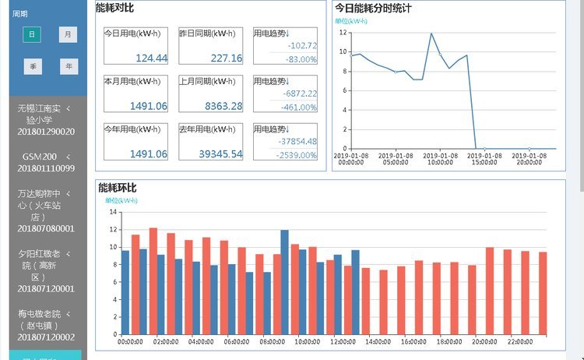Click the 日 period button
pyautogui.click(x=32, y=35)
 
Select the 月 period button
pyautogui.click(x=69, y=35)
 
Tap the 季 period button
pyautogui.click(x=32, y=67)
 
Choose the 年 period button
pyautogui.click(x=69, y=67)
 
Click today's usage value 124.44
pyautogui.click(x=151, y=58)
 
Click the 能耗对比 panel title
pyautogui.click(x=114, y=7)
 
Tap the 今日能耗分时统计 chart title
pyautogui.click(x=373, y=8)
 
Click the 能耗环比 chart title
pyautogui.click(x=117, y=188)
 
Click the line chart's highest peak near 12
pyautogui.click(x=431, y=34)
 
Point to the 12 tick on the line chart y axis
pyautogui.click(x=343, y=34)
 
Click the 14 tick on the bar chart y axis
pyautogui.click(x=112, y=212)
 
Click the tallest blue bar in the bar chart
pyautogui.click(x=284, y=282)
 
